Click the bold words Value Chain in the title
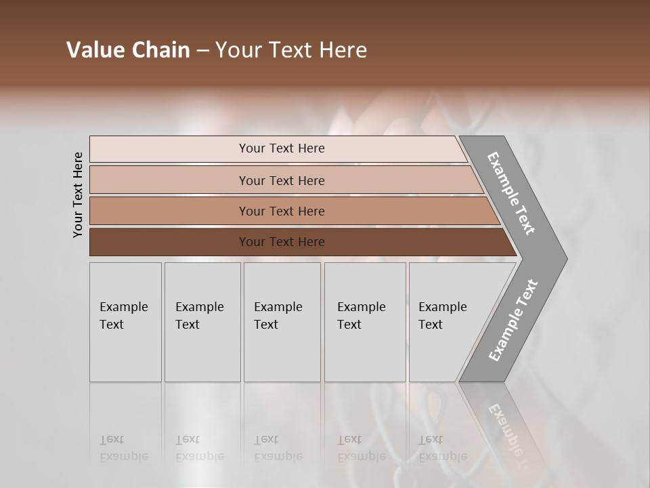(128, 50)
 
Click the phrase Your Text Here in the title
(291, 50)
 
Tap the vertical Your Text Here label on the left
(78, 195)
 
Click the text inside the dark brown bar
(282, 242)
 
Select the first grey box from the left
(125, 322)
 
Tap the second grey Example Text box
(202, 322)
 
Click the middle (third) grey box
(282, 322)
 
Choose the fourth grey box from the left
(365, 322)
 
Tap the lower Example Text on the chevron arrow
(513, 320)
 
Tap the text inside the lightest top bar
(282, 148)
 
